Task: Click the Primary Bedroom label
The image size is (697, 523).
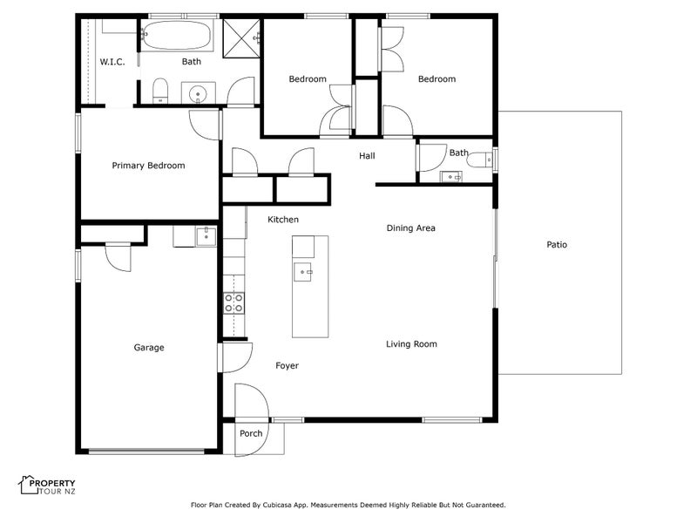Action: pyautogui.click(x=148, y=166)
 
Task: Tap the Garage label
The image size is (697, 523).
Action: pyautogui.click(x=149, y=347)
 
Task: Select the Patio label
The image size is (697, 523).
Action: pyautogui.click(x=557, y=245)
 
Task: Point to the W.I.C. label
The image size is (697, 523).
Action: pyautogui.click(x=112, y=62)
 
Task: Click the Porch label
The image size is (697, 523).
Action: pyautogui.click(x=251, y=433)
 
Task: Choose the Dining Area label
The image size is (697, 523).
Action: pyautogui.click(x=410, y=228)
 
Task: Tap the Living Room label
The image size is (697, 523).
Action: pyautogui.click(x=411, y=343)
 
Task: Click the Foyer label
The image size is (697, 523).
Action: pyautogui.click(x=288, y=365)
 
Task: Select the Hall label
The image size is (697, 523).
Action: pyautogui.click(x=367, y=156)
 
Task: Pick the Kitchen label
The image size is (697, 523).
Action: pyautogui.click(x=283, y=220)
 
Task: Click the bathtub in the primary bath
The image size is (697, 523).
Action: pyautogui.click(x=177, y=36)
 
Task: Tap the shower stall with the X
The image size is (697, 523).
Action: pyautogui.click(x=241, y=38)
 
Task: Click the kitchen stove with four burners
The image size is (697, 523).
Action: pyautogui.click(x=233, y=302)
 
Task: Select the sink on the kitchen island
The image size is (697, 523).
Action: pyautogui.click(x=302, y=272)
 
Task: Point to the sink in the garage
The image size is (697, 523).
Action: pyautogui.click(x=206, y=236)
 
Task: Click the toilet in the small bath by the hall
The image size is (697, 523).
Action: pyautogui.click(x=480, y=160)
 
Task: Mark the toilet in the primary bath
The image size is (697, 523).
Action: pyautogui.click(x=160, y=91)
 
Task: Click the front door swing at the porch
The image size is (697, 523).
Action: pyautogui.click(x=252, y=420)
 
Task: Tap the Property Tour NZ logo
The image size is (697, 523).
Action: pyautogui.click(x=47, y=486)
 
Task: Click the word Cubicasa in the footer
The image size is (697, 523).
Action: pyautogui.click(x=276, y=506)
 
